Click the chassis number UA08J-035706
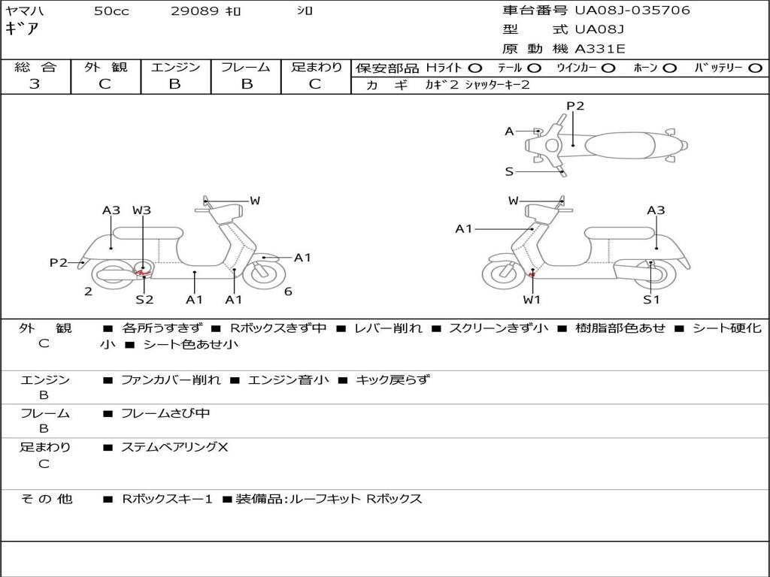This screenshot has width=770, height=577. pos(632,11)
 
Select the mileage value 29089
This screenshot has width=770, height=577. pos(195,11)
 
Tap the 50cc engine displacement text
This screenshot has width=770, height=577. pos(111,11)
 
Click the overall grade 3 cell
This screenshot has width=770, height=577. pos(35,84)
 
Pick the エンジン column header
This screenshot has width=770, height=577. pos(175,67)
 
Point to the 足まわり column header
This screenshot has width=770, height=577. pos(316,67)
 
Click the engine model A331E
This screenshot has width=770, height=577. pos(599,50)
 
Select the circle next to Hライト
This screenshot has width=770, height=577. pos(475,68)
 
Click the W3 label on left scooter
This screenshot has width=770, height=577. pos(141,210)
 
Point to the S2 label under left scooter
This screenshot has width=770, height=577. pos(144,300)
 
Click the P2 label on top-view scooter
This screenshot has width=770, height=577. pos(575,106)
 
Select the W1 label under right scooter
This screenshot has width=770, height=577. pos(532,300)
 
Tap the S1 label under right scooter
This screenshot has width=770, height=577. pos(650,300)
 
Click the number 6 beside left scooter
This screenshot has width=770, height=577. pos(288,292)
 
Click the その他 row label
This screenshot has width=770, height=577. pos(46,498)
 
